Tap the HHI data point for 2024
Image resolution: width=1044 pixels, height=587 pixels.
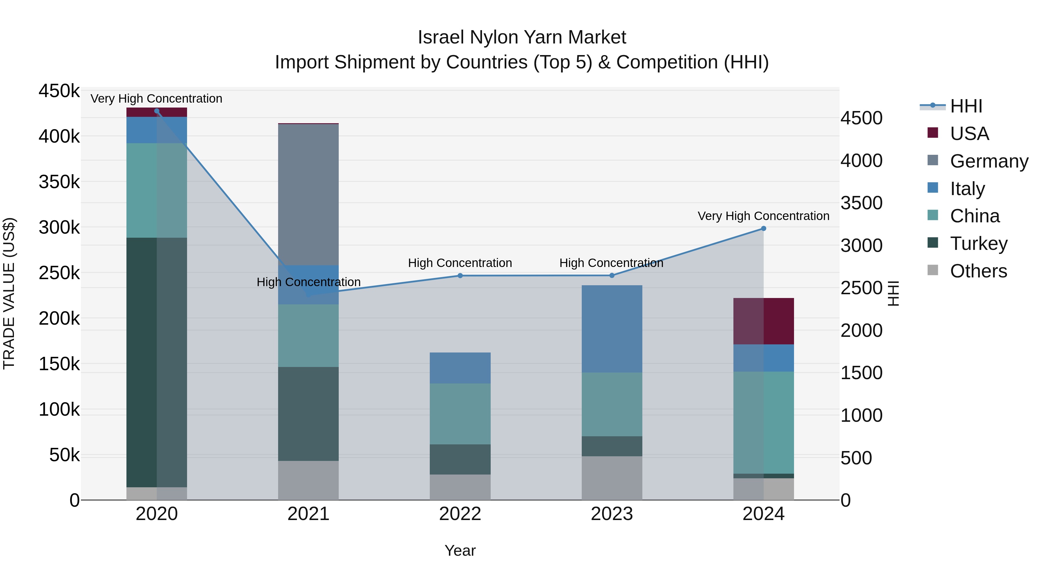pos(764,228)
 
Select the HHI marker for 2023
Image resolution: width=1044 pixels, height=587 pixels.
pos(612,275)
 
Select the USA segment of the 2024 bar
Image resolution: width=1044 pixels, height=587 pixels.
pos(764,321)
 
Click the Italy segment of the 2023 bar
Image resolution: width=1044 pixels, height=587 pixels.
pos(612,328)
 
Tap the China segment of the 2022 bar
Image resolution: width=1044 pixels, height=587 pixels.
pos(460,414)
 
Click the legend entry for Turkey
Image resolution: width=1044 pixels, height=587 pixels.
pos(978,244)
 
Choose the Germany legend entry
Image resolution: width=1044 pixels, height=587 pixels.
pos(989,161)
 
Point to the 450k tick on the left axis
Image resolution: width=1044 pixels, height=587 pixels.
pos(59,91)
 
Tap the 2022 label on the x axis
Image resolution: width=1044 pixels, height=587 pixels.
pos(460,514)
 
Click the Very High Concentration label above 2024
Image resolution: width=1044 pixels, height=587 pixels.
pos(764,216)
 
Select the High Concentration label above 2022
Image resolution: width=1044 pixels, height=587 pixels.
pos(460,263)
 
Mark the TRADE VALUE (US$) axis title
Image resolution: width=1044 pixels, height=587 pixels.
pos(9,293)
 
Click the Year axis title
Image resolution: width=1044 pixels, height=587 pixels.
pos(460,550)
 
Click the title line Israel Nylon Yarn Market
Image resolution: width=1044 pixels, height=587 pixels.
pos(522,37)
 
